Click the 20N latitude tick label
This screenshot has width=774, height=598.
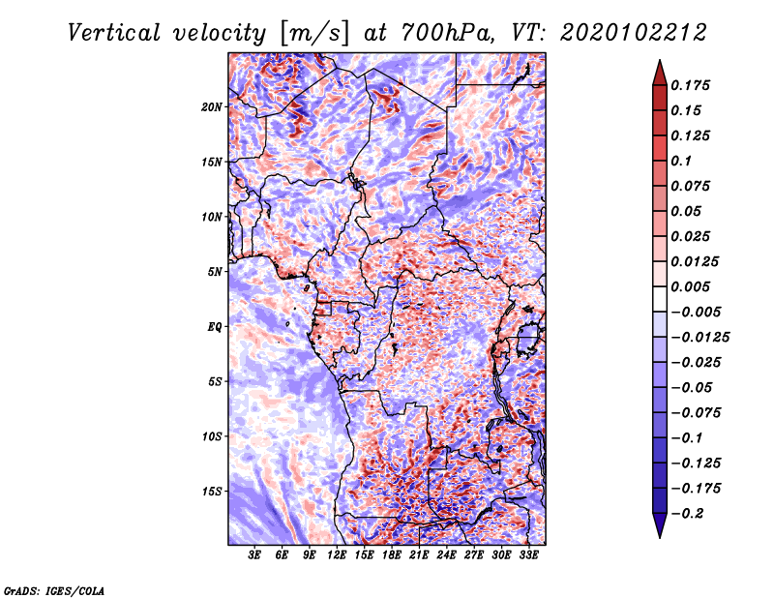click(212, 107)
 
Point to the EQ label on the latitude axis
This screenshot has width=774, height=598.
click(215, 327)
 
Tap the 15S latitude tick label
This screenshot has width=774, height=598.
click(212, 492)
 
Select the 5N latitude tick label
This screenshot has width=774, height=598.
click(215, 272)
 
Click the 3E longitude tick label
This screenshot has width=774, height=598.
click(254, 555)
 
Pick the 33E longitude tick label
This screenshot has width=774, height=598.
click(528, 555)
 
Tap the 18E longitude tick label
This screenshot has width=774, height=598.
click(392, 555)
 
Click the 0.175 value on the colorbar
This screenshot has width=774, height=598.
click(690, 85)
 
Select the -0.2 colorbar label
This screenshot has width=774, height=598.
click(687, 514)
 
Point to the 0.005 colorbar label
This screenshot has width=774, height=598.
click(690, 286)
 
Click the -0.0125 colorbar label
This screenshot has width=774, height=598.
click(700, 338)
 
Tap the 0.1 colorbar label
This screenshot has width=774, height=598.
click(681, 161)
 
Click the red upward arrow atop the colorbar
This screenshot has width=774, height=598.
click(660, 73)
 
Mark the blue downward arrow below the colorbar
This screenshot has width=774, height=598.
click(660, 525)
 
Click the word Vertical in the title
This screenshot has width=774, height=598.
click(114, 33)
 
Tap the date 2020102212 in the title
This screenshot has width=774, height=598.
click(634, 33)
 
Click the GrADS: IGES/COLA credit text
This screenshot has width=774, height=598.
click(54, 590)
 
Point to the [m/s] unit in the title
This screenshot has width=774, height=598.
click(314, 33)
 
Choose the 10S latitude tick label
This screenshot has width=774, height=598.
click(212, 436)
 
